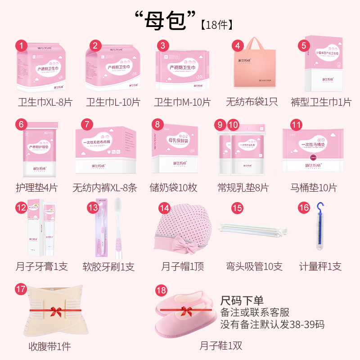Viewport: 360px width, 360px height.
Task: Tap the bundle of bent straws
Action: pyautogui.click(x=253, y=229)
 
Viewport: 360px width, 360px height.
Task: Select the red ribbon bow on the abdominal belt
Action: pyautogui.click(x=56, y=310)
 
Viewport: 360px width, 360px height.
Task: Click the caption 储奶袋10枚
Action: pyautogui.click(x=173, y=187)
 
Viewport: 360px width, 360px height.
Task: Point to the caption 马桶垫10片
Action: pyautogui.click(x=314, y=187)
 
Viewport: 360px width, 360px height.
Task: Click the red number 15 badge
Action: pyautogui.click(x=237, y=208)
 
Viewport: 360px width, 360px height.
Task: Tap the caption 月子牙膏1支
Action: pyautogui.click(x=41, y=266)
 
